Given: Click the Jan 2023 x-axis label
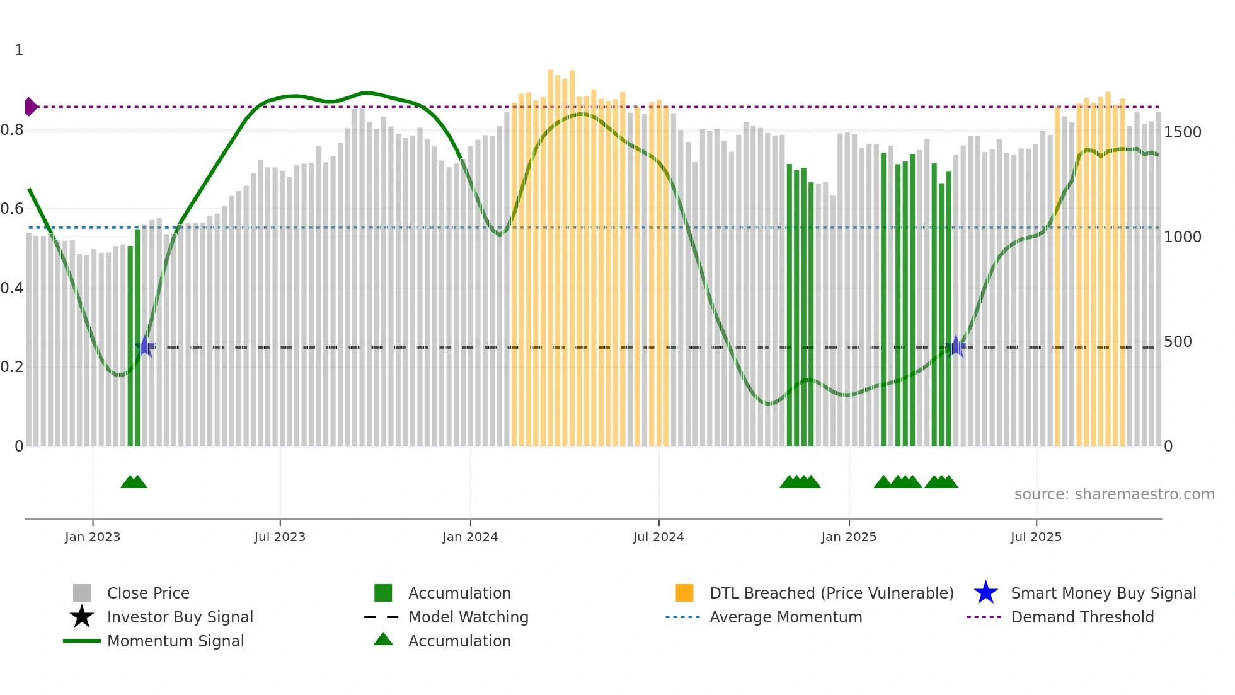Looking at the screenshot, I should coord(92,537).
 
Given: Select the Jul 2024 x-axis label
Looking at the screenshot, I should coord(658,537).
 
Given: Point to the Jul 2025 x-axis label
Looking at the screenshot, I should coord(1036,537).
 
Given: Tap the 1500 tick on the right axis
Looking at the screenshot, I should coord(1182,132).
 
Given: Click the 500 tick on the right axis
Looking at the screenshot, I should coord(1178,342).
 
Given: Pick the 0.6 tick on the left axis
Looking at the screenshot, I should coord(12,209).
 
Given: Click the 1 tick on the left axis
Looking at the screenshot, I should coord(19,50).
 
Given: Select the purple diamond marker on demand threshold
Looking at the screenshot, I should coord(30,107).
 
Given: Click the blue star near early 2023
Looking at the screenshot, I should coord(145,346).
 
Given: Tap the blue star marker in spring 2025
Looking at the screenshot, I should coord(956,346).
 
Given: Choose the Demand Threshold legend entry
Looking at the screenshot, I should coord(1082,617).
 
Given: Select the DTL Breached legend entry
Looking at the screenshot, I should coord(831,593).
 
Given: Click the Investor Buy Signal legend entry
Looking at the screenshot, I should coord(180,617).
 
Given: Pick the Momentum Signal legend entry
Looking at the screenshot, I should coord(175,641).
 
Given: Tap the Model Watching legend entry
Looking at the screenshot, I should coord(468,617).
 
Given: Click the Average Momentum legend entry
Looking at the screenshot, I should coord(785,617).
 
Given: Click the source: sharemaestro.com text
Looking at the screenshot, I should coord(1114,494).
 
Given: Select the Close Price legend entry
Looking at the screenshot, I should coord(147,593).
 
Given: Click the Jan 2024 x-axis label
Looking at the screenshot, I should coord(470,537).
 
